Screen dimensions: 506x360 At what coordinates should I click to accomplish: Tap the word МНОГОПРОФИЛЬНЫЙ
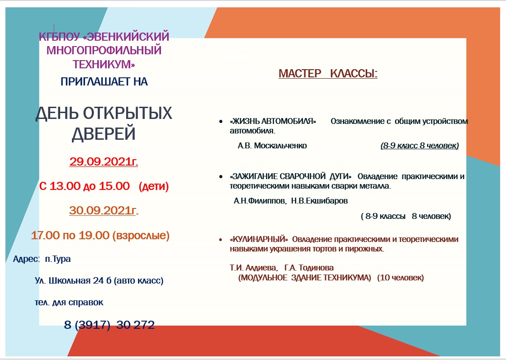tap(104, 50)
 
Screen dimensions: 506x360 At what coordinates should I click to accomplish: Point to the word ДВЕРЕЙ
tap(104, 134)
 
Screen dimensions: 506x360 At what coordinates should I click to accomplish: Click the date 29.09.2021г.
tap(104, 161)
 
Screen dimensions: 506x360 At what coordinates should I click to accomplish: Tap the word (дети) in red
tap(154, 186)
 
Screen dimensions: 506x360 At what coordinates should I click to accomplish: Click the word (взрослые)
tap(141, 235)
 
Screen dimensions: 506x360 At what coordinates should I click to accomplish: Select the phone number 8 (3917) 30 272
tap(109, 324)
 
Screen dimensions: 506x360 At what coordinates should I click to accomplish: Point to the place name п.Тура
tap(58, 259)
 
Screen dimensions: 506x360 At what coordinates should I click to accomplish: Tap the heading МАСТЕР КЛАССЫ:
tap(328, 74)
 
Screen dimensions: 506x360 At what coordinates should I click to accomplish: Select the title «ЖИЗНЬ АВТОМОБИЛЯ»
tap(273, 121)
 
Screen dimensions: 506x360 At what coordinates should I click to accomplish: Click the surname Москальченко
tap(280, 146)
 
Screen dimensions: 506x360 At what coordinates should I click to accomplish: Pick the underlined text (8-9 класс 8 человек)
tap(420, 146)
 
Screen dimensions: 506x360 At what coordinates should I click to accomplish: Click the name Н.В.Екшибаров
tap(320, 201)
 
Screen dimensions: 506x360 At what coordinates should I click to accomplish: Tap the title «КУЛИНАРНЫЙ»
tap(259, 239)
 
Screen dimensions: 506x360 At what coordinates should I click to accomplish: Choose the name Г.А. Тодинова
tap(309, 268)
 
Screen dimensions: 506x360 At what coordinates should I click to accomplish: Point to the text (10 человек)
tap(401, 278)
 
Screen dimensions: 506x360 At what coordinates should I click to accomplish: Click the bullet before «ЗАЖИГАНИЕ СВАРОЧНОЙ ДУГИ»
tap(221, 177)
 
